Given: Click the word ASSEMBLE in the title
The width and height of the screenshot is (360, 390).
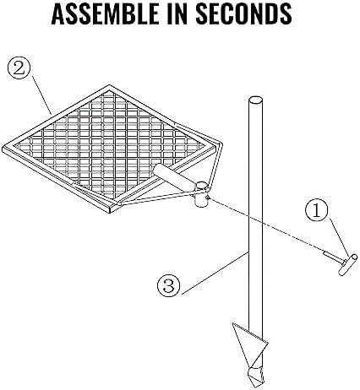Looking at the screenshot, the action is [x=106, y=14].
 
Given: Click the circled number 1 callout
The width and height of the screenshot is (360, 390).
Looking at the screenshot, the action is [x=317, y=210].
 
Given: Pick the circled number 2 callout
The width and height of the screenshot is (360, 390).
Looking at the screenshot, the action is [x=19, y=68].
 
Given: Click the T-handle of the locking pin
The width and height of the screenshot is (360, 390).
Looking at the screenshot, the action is [x=348, y=264].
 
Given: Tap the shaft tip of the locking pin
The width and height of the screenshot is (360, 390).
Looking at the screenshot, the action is [x=324, y=252].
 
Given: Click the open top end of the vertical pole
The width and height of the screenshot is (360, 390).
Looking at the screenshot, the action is [x=255, y=100].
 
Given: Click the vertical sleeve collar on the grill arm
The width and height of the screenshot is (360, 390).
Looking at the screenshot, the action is [x=201, y=195].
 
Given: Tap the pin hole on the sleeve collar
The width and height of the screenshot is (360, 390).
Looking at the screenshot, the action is [x=208, y=198].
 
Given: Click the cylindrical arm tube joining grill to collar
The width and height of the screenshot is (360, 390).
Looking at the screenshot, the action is [x=175, y=176].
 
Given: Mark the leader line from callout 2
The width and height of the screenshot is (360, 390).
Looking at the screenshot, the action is [x=41, y=95].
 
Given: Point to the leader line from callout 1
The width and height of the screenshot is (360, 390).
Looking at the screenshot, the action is [x=339, y=239].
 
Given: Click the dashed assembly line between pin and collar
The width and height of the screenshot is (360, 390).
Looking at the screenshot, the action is [x=266, y=225].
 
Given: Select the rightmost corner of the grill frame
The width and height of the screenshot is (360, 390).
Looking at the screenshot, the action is [x=222, y=145].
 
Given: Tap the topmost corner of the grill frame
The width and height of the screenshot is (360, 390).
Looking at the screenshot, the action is [x=109, y=85].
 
